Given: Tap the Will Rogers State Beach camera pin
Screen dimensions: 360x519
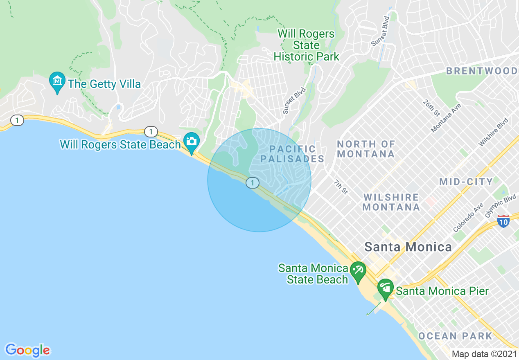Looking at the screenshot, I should (x=191, y=141).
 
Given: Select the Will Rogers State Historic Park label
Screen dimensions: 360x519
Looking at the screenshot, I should (x=306, y=45).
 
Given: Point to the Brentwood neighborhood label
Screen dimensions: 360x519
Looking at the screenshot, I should (x=482, y=71).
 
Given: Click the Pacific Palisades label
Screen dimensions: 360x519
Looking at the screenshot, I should (x=292, y=154).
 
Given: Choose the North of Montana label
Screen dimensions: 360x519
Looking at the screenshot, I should (x=366, y=149).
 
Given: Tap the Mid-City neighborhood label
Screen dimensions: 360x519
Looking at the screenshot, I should (x=466, y=182).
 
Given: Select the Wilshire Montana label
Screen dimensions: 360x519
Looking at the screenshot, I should (x=391, y=202).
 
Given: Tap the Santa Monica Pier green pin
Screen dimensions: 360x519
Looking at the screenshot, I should (x=385, y=288).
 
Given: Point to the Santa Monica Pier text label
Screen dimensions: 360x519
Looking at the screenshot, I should (x=442, y=291).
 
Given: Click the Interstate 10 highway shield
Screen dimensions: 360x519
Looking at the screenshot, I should (x=503, y=221).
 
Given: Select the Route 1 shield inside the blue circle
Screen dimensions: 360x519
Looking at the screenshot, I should (x=253, y=183).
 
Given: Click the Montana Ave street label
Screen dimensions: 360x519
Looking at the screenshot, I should (x=446, y=118).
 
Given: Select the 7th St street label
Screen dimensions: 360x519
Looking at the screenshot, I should (x=340, y=187).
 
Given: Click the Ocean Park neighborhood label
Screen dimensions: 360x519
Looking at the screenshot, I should (x=455, y=336).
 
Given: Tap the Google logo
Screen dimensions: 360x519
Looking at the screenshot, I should (x=28, y=350).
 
